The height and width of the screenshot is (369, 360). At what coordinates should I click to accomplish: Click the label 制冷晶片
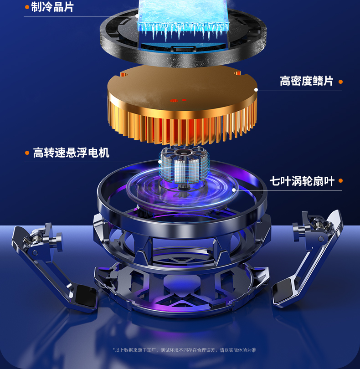click(52, 7)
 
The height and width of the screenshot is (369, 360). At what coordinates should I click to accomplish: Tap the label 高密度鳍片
click(306, 81)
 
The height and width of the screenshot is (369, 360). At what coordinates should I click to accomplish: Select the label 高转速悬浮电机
click(71, 153)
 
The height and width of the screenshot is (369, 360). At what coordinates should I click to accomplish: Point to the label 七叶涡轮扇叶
click(302, 181)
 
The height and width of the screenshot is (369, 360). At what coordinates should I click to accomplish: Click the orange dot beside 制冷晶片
click(27, 7)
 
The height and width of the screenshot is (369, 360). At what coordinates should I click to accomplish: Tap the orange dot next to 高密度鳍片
click(340, 82)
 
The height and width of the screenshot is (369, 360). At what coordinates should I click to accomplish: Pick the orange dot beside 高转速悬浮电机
click(27, 153)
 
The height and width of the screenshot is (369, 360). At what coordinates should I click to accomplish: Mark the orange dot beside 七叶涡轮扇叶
click(340, 181)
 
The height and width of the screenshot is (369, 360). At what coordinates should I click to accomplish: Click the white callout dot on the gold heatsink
click(256, 90)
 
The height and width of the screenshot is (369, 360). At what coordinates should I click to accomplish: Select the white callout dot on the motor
click(160, 162)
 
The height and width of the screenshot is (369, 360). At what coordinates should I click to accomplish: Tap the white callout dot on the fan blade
click(234, 190)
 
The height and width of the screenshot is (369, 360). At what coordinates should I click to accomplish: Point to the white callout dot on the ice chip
click(137, 16)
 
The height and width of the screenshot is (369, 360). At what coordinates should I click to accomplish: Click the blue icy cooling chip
click(183, 19)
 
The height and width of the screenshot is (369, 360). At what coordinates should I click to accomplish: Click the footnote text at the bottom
click(185, 350)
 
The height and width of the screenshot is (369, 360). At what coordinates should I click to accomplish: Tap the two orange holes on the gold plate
click(178, 101)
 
